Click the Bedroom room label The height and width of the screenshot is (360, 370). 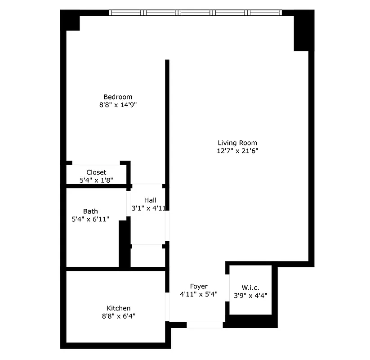point(118,97)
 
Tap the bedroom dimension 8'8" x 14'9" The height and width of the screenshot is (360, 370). point(118,105)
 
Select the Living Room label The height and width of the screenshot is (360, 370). point(237,143)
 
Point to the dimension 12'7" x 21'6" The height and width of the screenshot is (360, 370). point(237,151)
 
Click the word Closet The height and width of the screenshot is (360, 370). point(96,172)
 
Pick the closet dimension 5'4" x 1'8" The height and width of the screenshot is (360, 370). point(96,180)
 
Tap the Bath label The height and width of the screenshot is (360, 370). point(90,211)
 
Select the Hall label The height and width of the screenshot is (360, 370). point(150,200)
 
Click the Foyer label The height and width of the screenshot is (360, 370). point(199,286)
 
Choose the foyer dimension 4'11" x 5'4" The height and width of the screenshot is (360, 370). point(199,294)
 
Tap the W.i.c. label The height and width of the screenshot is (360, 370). point(250,288)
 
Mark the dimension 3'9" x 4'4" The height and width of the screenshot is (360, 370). point(250,296)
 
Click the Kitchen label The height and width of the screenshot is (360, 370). point(119,308)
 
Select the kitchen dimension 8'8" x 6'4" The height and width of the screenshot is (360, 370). point(119,316)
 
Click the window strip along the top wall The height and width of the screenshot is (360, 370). point(196,13)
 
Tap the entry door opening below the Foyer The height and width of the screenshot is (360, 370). point(205,325)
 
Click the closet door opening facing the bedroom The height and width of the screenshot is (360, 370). point(96,163)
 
